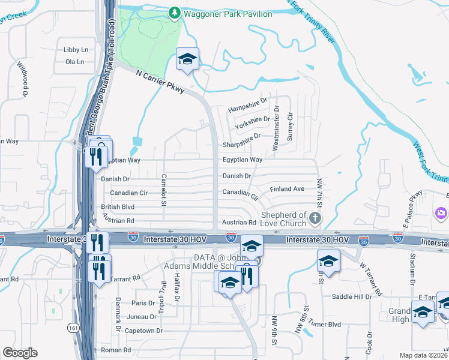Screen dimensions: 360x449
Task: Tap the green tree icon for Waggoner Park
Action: point(174,12)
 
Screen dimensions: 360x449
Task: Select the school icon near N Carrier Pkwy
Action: point(188,59)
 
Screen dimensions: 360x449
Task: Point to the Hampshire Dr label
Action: point(247,107)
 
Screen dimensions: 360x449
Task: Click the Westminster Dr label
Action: point(276,128)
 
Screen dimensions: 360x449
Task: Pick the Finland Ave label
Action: point(288,189)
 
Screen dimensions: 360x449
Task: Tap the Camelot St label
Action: point(163,190)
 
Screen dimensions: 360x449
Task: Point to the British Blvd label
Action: point(113,207)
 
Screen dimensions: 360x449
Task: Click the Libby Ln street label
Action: point(76,50)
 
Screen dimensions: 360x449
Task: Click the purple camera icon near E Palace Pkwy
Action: point(441,213)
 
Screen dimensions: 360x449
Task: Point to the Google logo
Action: point(20,353)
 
